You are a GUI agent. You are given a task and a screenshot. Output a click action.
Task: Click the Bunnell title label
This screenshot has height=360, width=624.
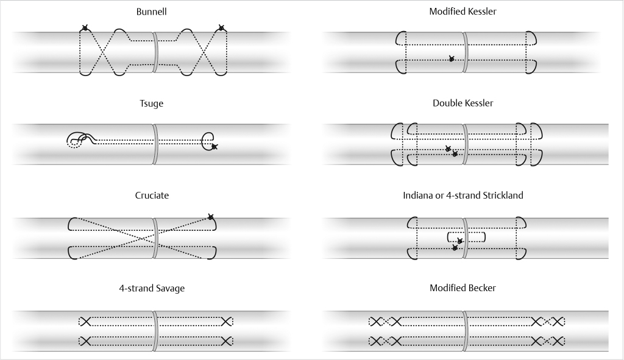click(x=152, y=12)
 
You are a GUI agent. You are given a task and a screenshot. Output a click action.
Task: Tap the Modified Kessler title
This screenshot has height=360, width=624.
click(x=463, y=12)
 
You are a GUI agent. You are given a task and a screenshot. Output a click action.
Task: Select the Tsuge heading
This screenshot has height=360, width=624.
click(x=152, y=104)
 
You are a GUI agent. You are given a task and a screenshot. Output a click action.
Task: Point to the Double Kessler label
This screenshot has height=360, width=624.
click(x=463, y=103)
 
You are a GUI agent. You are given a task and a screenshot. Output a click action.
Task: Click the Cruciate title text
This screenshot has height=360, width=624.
click(x=152, y=196)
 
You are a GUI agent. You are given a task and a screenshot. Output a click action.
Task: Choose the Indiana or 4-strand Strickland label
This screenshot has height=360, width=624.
click(x=463, y=196)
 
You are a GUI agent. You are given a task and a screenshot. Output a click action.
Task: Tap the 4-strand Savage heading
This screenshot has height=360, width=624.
click(x=152, y=288)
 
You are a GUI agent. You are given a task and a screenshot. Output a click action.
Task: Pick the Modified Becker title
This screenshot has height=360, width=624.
click(x=463, y=288)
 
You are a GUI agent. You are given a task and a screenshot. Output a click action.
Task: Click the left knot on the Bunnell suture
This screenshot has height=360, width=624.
click(x=85, y=28)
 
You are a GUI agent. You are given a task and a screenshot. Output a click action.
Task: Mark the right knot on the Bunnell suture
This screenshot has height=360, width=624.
click(x=221, y=28)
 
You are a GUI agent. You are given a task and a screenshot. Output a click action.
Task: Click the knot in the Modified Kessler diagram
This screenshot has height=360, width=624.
click(x=451, y=59)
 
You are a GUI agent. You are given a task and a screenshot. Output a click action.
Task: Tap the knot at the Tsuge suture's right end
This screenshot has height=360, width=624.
click(x=214, y=146)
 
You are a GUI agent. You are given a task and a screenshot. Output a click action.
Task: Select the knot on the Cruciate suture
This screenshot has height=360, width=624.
click(x=211, y=217)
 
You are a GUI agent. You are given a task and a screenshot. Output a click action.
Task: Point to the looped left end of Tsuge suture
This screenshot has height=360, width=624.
click(x=77, y=141)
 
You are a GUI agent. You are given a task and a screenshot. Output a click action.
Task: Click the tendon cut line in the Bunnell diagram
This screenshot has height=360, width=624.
click(x=156, y=52)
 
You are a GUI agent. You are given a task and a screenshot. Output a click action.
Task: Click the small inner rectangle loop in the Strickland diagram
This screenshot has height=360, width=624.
click(x=466, y=237)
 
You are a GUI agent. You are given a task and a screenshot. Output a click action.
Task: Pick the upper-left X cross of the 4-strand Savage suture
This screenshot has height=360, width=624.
click(x=85, y=321)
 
